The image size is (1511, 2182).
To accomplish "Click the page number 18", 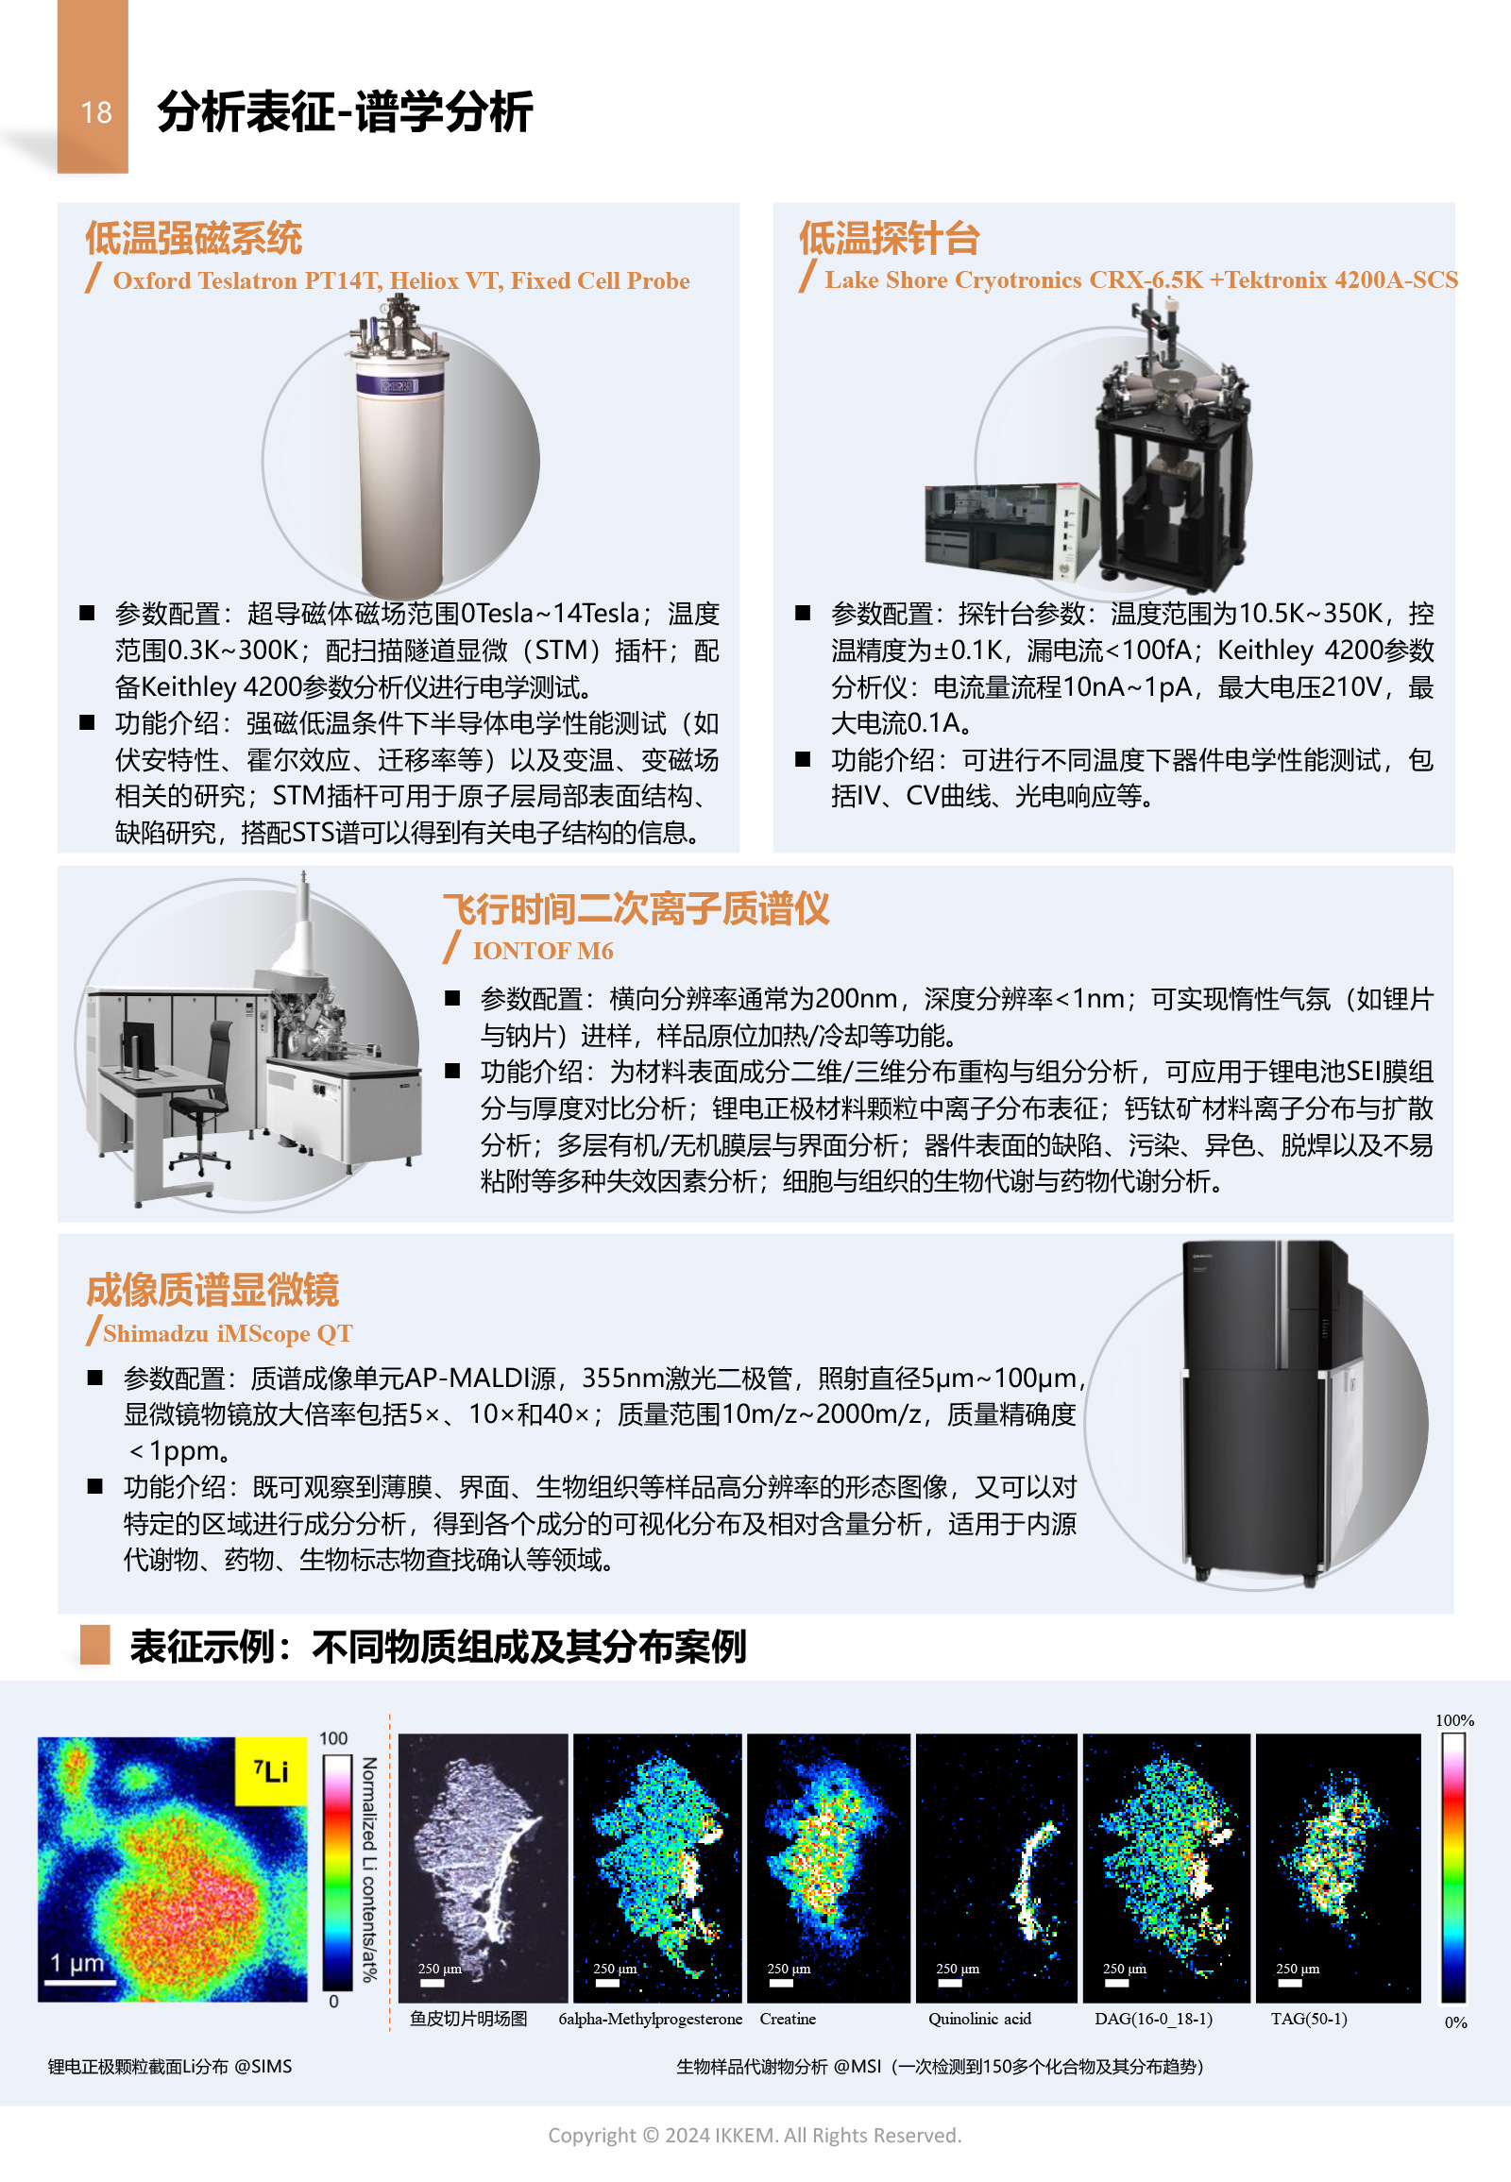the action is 96,112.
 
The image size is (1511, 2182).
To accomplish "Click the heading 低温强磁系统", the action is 195,238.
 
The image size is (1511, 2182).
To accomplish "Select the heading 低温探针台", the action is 889,238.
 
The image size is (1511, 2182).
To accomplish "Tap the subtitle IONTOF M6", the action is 542,951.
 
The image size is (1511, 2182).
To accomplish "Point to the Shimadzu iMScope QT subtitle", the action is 228,1334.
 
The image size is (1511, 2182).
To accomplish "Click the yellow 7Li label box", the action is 271,1771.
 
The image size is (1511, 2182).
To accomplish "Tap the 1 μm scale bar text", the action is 76,1962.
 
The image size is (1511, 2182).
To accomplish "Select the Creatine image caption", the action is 788,2020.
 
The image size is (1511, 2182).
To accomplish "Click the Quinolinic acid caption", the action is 980,2020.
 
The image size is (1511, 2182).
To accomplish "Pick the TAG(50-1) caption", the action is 1308,2020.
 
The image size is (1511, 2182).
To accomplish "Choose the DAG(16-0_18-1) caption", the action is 1153,2020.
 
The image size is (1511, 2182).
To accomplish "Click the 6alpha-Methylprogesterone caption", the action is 651,2020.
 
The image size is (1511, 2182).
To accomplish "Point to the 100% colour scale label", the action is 1454,1720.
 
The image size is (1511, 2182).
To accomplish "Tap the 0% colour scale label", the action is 1455,2023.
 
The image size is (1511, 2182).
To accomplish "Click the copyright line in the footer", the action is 755,2136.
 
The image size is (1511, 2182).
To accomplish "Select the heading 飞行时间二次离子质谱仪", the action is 637,908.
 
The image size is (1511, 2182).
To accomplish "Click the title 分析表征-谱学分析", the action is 345,111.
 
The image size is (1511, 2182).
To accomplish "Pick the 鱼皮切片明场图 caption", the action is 468,2020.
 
